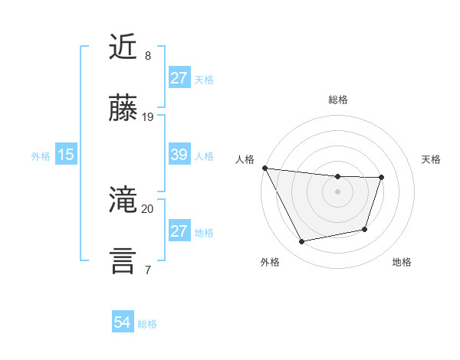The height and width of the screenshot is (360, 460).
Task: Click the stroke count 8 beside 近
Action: (147, 56)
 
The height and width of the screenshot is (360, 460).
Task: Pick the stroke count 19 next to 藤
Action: (148, 117)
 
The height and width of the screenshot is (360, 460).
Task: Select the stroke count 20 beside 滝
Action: (148, 208)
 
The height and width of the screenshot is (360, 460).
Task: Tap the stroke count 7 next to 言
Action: (147, 270)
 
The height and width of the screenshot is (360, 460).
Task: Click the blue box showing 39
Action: (179, 155)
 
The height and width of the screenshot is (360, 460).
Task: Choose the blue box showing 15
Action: (66, 155)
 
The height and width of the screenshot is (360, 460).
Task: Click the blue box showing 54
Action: (123, 322)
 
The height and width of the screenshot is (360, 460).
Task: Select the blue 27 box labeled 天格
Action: (179, 78)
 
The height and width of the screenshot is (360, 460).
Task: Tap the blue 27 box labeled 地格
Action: (179, 231)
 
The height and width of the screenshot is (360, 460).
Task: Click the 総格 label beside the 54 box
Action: (147, 324)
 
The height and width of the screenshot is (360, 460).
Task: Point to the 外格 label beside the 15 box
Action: (41, 156)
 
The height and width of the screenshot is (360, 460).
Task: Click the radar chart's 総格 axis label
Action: (337, 100)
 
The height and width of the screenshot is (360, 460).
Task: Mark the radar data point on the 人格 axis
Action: (264, 168)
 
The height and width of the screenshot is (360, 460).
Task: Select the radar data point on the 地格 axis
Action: (365, 229)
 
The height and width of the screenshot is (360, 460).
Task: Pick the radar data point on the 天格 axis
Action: (381, 178)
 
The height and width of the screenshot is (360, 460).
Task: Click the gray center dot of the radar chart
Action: (337, 191)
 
